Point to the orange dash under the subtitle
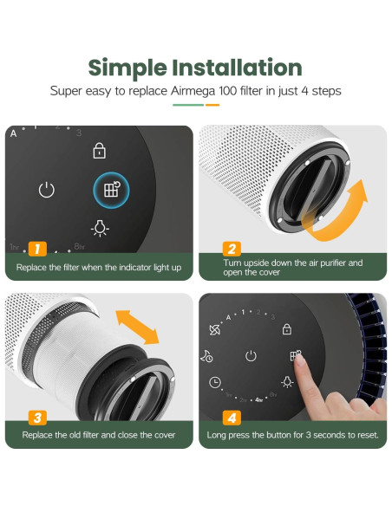(x=212, y=106)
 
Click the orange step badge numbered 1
(x=36, y=250)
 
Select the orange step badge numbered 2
(x=231, y=248)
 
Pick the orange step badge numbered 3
(x=36, y=418)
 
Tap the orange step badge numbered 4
(x=231, y=418)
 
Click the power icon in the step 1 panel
(x=47, y=190)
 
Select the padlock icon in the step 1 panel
(x=101, y=151)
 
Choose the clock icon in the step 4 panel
(x=215, y=382)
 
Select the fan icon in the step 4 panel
(x=215, y=330)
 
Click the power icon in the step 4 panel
(x=251, y=355)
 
